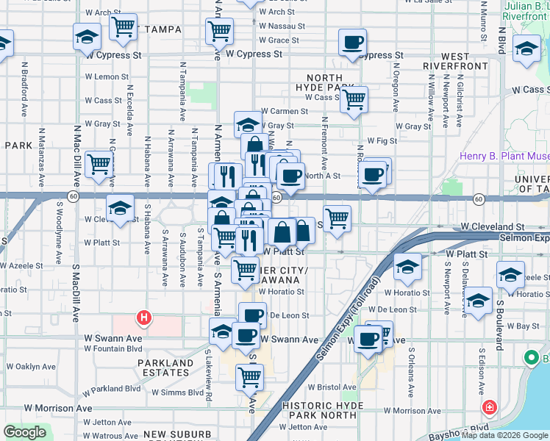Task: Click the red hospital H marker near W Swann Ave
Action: point(144,318)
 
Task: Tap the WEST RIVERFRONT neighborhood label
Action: point(455,61)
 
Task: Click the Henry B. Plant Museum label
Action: point(504,156)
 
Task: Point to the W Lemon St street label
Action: point(107,76)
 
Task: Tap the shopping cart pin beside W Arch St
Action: point(124,27)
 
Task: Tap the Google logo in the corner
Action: point(24,432)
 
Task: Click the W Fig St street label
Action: point(381,140)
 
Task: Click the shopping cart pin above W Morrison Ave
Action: point(249,377)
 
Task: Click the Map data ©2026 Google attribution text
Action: point(504,435)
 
